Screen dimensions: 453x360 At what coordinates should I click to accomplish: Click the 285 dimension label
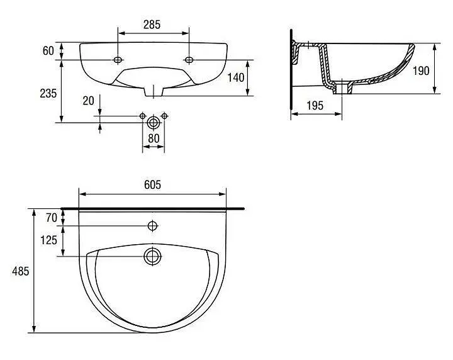point(152,25)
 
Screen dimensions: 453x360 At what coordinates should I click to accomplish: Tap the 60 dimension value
point(48,51)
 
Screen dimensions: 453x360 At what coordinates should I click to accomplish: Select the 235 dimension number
point(48,93)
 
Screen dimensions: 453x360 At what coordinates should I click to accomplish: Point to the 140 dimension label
point(236,77)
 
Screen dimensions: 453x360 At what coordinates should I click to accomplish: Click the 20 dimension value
point(89,101)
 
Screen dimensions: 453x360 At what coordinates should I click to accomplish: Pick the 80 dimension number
point(154,138)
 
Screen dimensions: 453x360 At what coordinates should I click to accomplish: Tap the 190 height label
point(421,70)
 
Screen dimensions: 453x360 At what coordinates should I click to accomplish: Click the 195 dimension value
point(315,106)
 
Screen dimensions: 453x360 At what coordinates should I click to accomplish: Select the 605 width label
point(152,184)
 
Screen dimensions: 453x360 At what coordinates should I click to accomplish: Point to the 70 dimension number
point(52,218)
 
